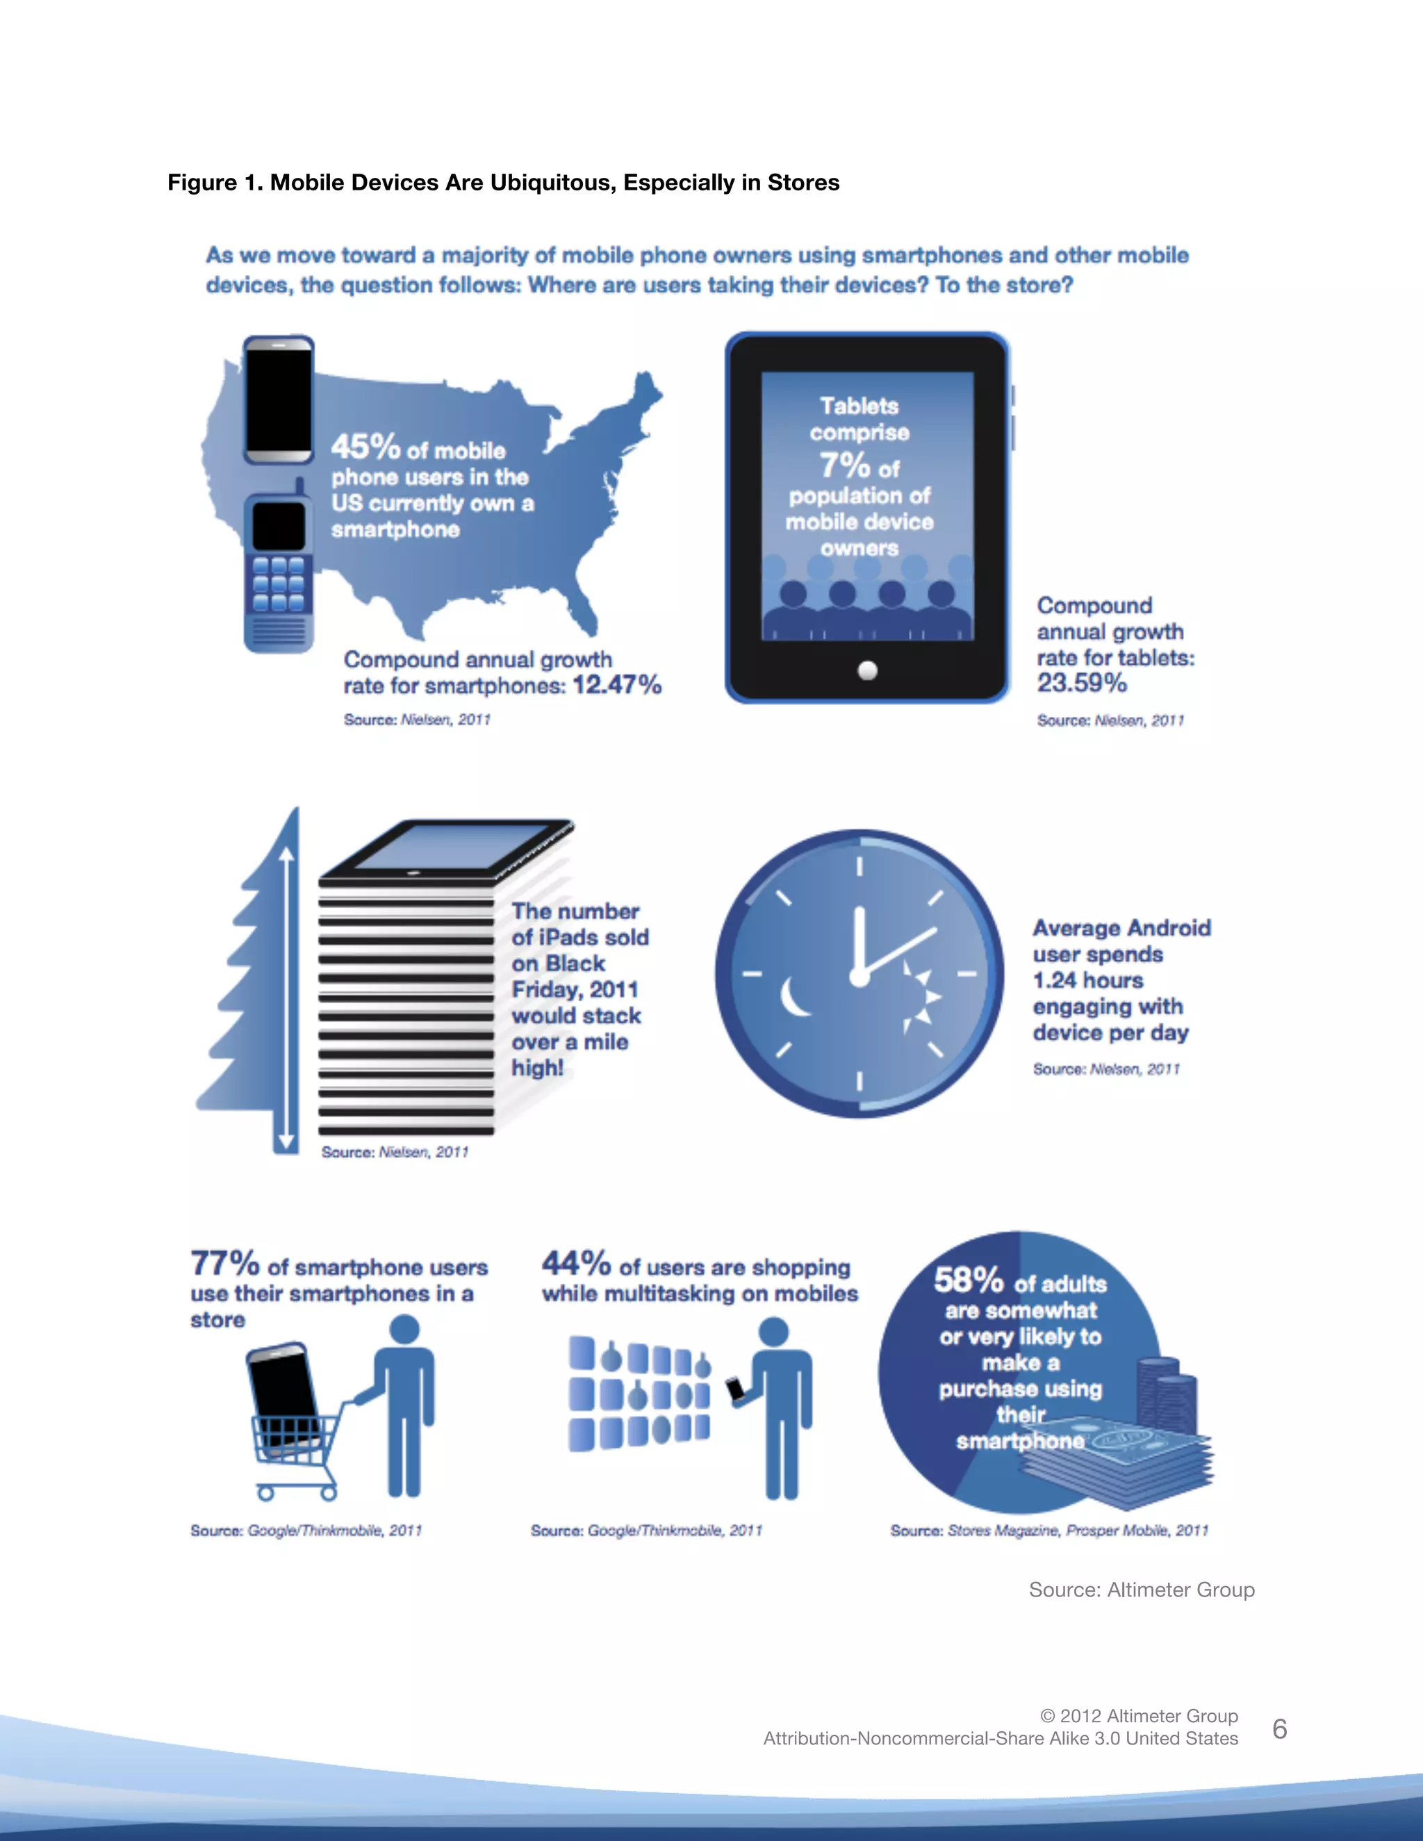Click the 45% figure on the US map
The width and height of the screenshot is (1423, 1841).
(x=364, y=446)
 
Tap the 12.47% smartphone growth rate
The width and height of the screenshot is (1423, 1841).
(x=616, y=684)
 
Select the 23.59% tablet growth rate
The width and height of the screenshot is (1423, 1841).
(x=1082, y=683)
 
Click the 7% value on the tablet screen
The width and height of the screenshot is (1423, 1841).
(x=844, y=465)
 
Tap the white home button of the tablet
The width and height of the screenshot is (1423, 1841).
(x=867, y=670)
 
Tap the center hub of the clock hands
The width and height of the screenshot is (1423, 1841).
(x=859, y=976)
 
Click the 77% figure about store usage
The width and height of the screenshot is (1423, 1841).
(x=224, y=1264)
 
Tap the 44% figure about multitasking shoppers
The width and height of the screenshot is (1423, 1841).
(x=576, y=1264)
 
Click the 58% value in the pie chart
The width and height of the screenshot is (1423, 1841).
(x=968, y=1280)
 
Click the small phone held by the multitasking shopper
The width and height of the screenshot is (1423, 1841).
(x=736, y=1388)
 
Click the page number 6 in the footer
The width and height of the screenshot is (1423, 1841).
(x=1279, y=1729)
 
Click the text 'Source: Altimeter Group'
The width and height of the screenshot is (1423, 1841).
(x=1142, y=1590)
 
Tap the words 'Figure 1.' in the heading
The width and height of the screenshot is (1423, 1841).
(x=214, y=183)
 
